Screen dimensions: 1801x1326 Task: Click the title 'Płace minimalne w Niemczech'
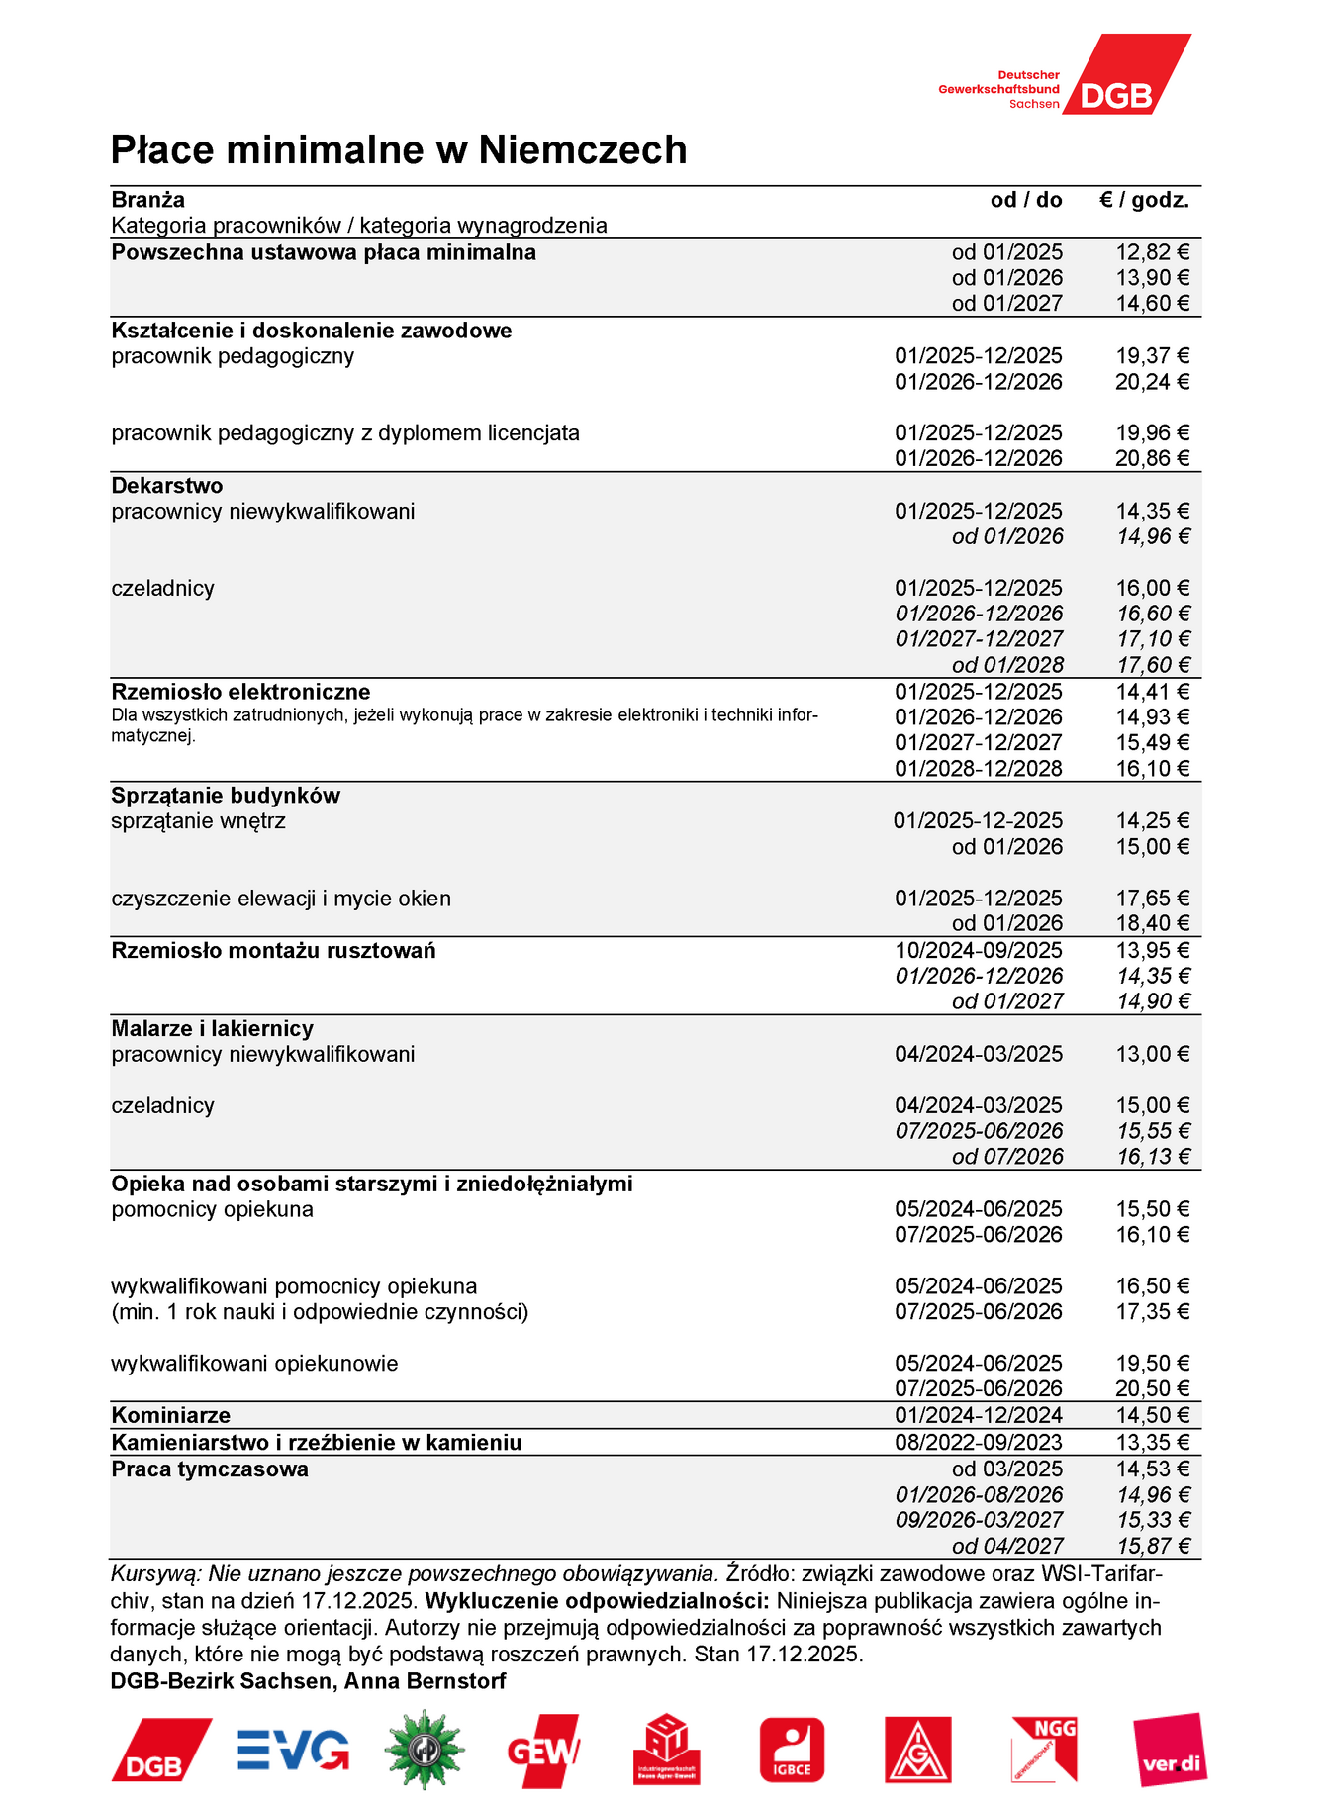[x=399, y=150]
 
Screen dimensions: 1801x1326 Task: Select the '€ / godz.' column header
[x=1144, y=200]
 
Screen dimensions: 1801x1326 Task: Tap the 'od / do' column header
[x=1026, y=200]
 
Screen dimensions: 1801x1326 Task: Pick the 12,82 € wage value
[x=1153, y=252]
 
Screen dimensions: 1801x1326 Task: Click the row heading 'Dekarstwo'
[x=167, y=486]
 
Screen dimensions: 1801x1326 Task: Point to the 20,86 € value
[x=1153, y=458]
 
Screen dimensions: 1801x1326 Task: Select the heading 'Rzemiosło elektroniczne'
[x=240, y=692]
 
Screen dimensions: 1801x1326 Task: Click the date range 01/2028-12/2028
[x=979, y=769]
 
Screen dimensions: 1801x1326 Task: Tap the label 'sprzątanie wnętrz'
[x=198, y=821]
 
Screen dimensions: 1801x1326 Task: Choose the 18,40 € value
[x=1153, y=923]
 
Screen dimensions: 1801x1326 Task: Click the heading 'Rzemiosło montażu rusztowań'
[x=273, y=951]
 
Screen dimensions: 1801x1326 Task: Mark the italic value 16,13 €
[x=1154, y=1157]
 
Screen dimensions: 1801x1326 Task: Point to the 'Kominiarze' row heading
[x=170, y=1416]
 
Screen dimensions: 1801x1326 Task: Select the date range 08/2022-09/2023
[x=979, y=1443]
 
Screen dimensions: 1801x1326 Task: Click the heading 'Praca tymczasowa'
[x=210, y=1469]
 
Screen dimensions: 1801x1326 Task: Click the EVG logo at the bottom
[x=293, y=1750]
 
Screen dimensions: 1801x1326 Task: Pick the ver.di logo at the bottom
[x=1171, y=1750]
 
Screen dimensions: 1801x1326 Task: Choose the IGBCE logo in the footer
[x=792, y=1750]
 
